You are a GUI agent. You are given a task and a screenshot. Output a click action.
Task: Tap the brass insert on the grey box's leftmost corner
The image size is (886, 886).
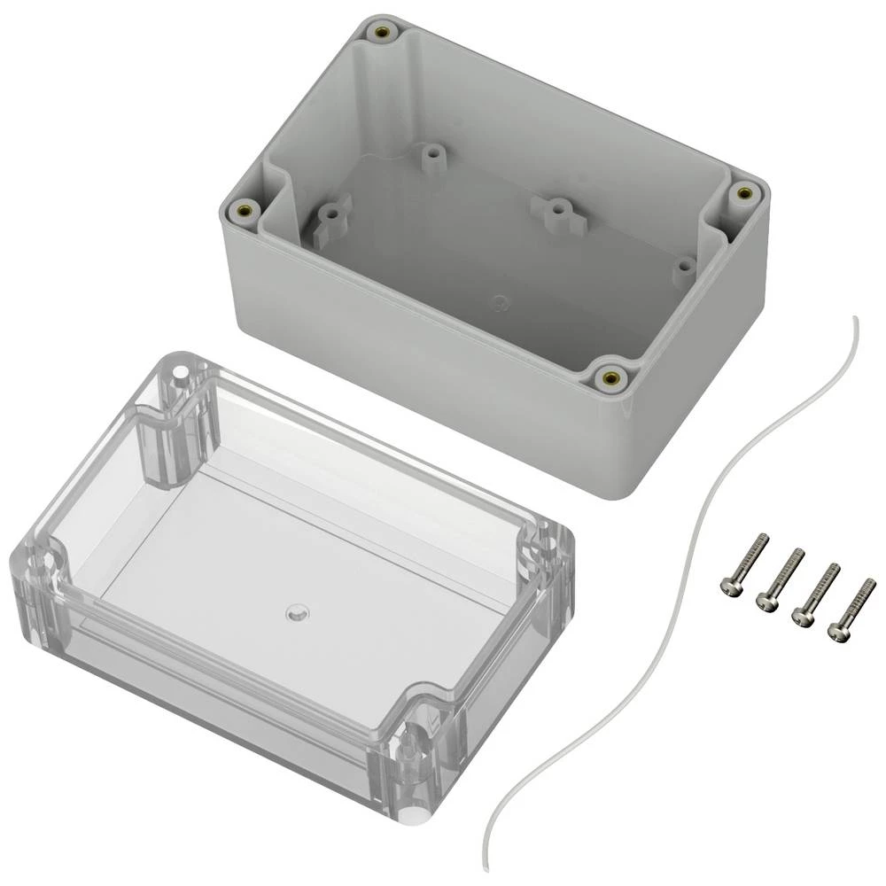[245, 210]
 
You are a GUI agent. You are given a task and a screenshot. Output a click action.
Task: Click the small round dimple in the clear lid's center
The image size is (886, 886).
[294, 612]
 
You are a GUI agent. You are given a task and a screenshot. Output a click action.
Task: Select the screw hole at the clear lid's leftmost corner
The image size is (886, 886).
[37, 562]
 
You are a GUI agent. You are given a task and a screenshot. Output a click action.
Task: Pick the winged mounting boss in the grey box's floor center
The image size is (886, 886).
[555, 211]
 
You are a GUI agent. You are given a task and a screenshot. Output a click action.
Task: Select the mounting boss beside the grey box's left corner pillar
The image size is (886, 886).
[330, 214]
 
